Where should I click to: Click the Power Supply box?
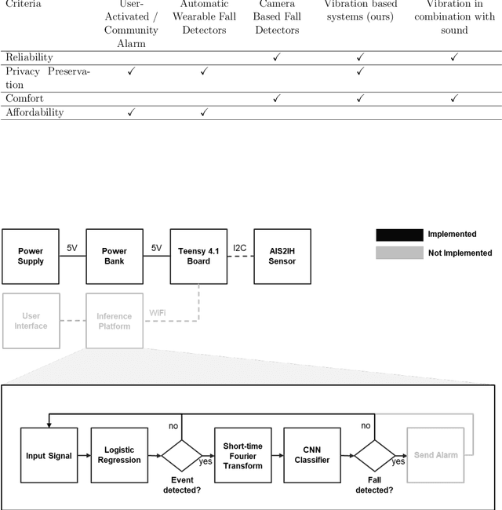tap(31, 256)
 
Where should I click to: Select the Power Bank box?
tap(115, 256)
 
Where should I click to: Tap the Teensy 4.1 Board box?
tap(198, 256)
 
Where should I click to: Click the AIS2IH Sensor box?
tap(282, 256)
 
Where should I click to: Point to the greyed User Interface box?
tap(31, 320)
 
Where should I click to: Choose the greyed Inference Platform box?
tap(115, 320)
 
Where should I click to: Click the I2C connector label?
tap(240, 248)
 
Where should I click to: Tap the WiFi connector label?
tap(158, 312)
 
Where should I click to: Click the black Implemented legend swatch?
tap(398, 235)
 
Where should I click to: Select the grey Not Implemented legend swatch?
tap(398, 253)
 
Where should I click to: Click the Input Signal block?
tap(48, 455)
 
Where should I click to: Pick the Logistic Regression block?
tap(119, 455)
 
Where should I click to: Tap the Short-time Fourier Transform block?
tap(242, 455)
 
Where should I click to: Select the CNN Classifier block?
tap(311, 455)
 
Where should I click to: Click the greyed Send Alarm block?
tap(433, 455)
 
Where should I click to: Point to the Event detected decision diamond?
tap(181, 456)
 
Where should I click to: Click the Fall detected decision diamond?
tap(373, 456)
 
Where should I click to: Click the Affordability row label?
tap(35, 112)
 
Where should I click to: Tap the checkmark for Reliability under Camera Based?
tap(276, 57)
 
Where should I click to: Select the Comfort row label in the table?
tap(24, 98)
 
